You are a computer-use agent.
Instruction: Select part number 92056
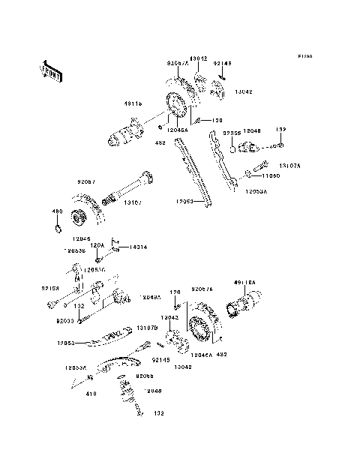[x=230, y=132]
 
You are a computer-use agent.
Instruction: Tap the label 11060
[x=271, y=175]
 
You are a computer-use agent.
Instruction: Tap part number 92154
[x=50, y=287]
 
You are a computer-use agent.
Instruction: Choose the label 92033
[x=65, y=319]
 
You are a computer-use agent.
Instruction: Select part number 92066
[x=145, y=375]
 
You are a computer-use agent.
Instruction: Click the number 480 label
[x=56, y=211]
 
